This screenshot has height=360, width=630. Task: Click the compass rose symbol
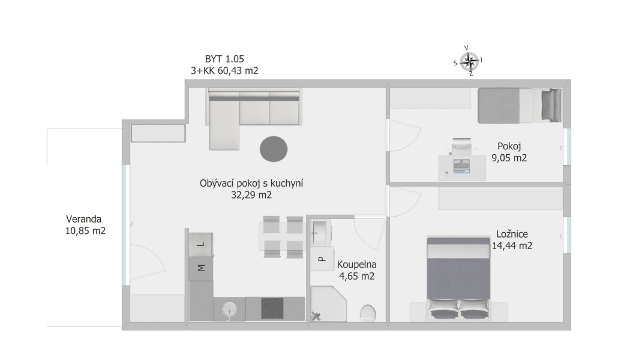pos(469,61)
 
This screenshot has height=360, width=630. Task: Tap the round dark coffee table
pos(274,149)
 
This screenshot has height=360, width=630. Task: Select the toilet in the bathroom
pos(368,313)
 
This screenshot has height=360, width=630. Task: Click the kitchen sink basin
pos(229,310)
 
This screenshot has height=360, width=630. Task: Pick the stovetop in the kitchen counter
pos(272,308)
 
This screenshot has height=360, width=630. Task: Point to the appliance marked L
pos(201,244)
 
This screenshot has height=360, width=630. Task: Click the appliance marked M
pos(201,268)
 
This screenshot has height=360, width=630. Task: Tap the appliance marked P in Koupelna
pos(322,259)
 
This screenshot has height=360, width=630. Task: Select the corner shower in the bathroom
pos(328,304)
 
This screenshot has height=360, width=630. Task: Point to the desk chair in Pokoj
pos(461,146)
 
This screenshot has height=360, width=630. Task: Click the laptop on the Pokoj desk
pos(461,166)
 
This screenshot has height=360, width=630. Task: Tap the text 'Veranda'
pos(83,219)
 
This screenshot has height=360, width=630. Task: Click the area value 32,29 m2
pos(251,195)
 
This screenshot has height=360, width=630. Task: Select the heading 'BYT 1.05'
pos(224,59)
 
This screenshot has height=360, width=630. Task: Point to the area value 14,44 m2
pos(512,245)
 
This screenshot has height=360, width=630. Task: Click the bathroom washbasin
pos(320,233)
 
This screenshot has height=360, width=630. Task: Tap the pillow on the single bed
pos(550,105)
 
